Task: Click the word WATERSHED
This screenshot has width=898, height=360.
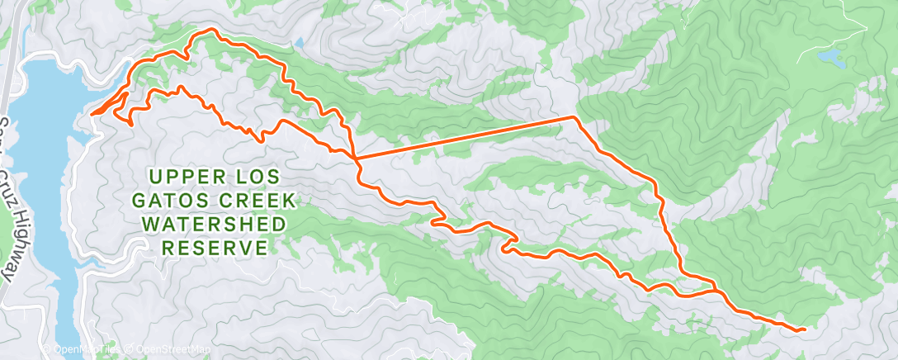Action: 215,225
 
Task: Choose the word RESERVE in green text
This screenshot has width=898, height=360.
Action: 215,249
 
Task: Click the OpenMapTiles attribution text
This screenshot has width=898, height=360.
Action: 78,349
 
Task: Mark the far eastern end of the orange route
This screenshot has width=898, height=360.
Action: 804,329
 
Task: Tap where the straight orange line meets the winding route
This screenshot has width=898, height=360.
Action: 355,156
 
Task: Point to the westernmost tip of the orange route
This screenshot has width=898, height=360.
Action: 91,113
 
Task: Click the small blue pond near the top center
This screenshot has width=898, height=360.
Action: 298,41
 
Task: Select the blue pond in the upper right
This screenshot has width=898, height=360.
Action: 830,58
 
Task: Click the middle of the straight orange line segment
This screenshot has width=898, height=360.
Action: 464,136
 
